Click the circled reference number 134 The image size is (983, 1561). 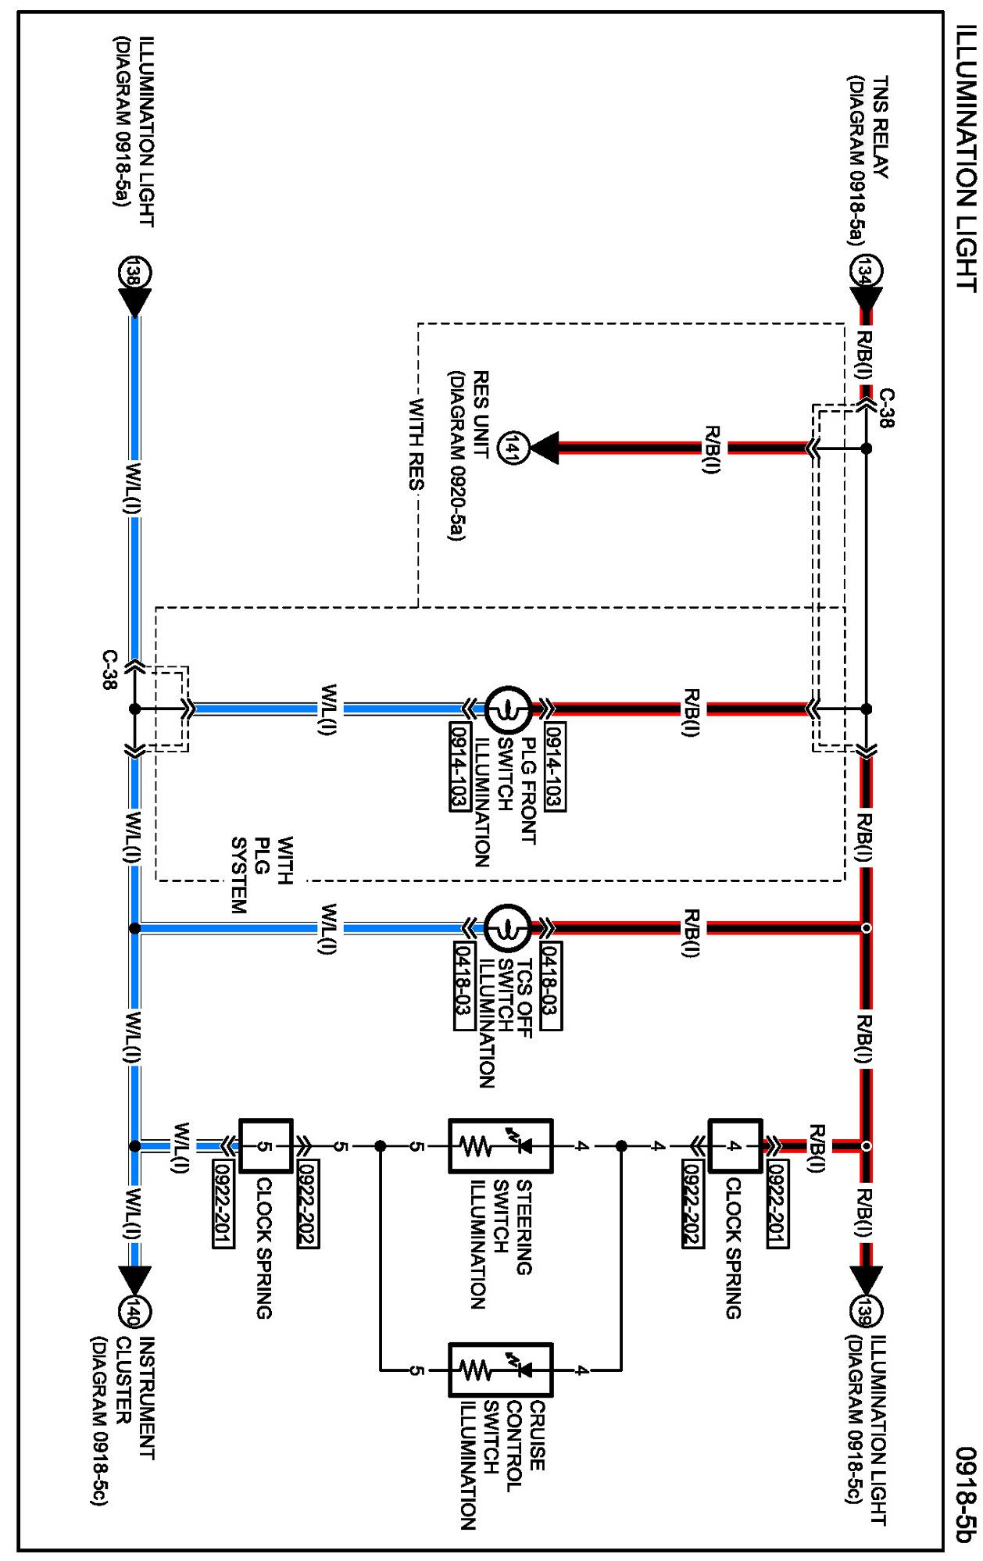866,272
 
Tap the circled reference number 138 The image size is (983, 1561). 134,273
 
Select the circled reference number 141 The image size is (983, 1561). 513,448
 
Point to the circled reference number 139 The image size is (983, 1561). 866,1311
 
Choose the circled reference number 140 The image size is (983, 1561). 134,1312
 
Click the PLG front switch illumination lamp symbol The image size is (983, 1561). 508,709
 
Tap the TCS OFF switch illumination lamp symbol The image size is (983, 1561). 508,928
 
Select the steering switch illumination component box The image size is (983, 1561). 501,1146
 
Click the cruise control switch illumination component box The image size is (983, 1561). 501,1370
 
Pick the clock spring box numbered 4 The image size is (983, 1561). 735,1146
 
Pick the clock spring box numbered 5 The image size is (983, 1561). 266,1146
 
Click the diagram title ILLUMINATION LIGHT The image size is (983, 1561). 967,159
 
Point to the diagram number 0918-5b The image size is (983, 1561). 967,1493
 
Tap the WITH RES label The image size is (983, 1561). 416,444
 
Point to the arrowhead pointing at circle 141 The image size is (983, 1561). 545,448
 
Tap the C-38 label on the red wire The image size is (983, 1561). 887,408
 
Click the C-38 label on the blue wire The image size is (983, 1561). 109,670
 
